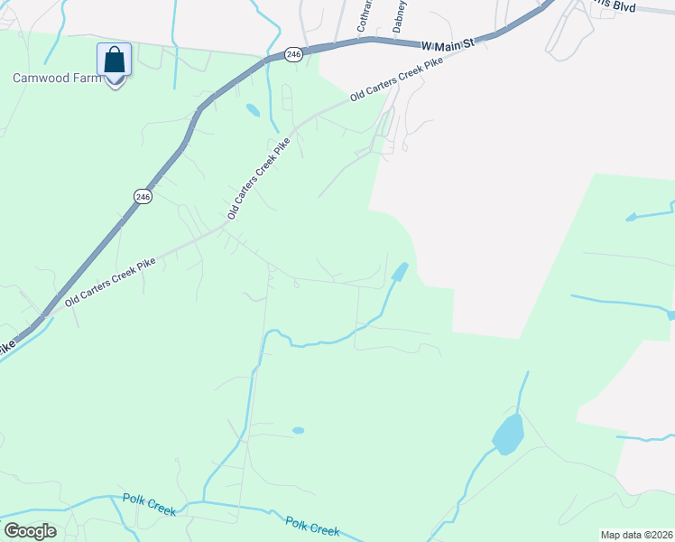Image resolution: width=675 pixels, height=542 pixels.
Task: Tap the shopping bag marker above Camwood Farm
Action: pos(115,61)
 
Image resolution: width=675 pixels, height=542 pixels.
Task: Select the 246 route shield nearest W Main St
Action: pos(293,55)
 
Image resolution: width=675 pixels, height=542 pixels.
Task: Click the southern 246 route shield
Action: pos(143,196)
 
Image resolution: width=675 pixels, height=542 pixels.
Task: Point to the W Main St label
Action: pos(448,43)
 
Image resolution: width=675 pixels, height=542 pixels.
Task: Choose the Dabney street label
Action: pos(401,14)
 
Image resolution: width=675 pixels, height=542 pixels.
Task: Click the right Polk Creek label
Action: pos(312,526)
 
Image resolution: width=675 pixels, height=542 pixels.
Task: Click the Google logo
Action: pos(30,531)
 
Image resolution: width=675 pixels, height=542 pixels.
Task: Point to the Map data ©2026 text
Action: pos(634,534)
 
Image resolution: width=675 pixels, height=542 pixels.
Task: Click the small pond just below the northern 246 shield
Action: pos(253,110)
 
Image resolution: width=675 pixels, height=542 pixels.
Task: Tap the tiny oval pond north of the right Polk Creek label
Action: pos(298,430)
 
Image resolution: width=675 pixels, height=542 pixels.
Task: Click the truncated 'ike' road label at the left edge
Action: pos(7,345)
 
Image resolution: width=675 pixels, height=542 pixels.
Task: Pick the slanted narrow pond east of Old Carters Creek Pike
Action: pos(399,271)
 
